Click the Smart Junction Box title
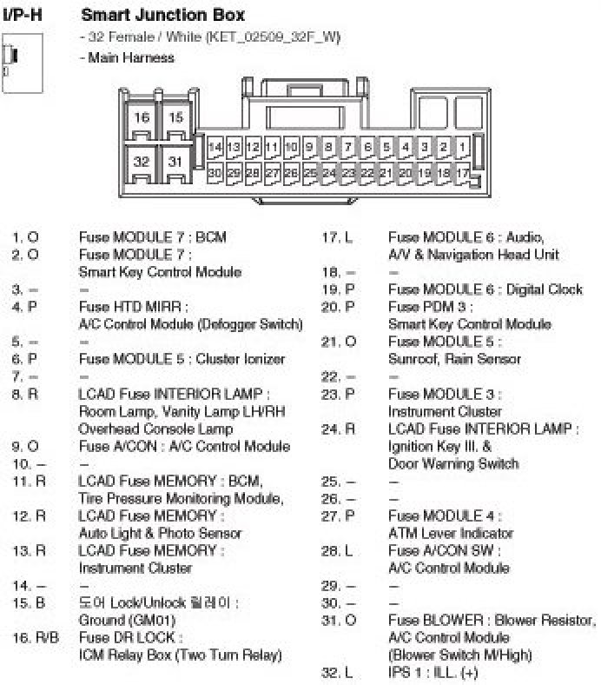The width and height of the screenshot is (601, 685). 162,15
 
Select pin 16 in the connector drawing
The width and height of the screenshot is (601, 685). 142,117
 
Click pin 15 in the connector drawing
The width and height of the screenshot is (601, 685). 175,117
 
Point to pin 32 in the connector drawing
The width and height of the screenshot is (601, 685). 142,161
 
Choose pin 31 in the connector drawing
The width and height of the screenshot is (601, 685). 175,161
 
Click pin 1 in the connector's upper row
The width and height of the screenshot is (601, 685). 463,147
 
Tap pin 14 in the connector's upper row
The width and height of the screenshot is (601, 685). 215,147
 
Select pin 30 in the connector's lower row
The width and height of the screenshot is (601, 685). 215,173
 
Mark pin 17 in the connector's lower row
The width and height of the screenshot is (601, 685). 462,173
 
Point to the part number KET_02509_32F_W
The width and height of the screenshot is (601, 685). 274,37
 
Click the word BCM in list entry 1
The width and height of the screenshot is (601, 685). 210,236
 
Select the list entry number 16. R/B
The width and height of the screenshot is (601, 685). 36,637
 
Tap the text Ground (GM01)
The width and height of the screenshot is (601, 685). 127,621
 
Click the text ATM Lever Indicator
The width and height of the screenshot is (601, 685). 451,533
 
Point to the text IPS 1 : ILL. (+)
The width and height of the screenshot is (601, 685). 433,672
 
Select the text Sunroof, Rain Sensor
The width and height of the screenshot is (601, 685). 454,358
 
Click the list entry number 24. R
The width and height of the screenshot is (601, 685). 338,429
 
